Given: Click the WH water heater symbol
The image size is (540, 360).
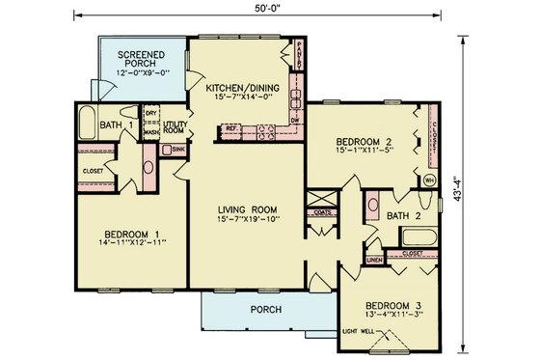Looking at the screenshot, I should [x=428, y=180].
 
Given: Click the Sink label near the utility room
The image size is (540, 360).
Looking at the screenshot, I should [x=178, y=150].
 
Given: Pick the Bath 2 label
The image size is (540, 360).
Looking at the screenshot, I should [x=398, y=216].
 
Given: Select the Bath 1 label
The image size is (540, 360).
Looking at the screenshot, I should [x=116, y=124].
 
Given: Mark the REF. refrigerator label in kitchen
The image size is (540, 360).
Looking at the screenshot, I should [x=231, y=126].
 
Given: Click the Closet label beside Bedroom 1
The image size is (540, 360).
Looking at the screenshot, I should [x=93, y=172].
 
